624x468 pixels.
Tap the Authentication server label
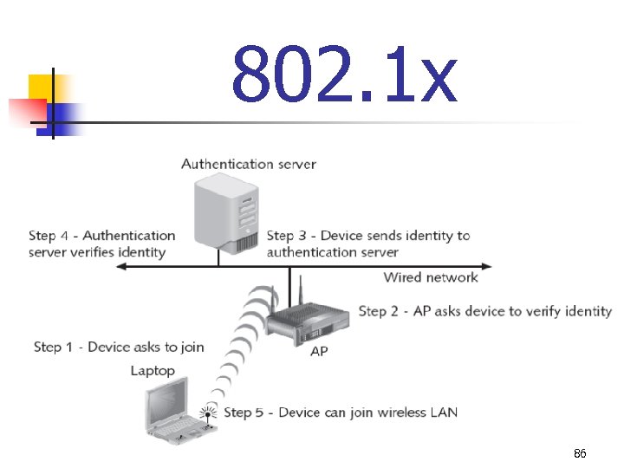pos(249,164)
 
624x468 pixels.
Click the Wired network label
pos(431,277)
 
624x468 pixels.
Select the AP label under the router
pos(319,351)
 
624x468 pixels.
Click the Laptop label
pos(153,371)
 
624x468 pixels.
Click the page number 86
pos(581,454)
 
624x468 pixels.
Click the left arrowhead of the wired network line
pos(120,266)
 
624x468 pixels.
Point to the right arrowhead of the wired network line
pos(489,266)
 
